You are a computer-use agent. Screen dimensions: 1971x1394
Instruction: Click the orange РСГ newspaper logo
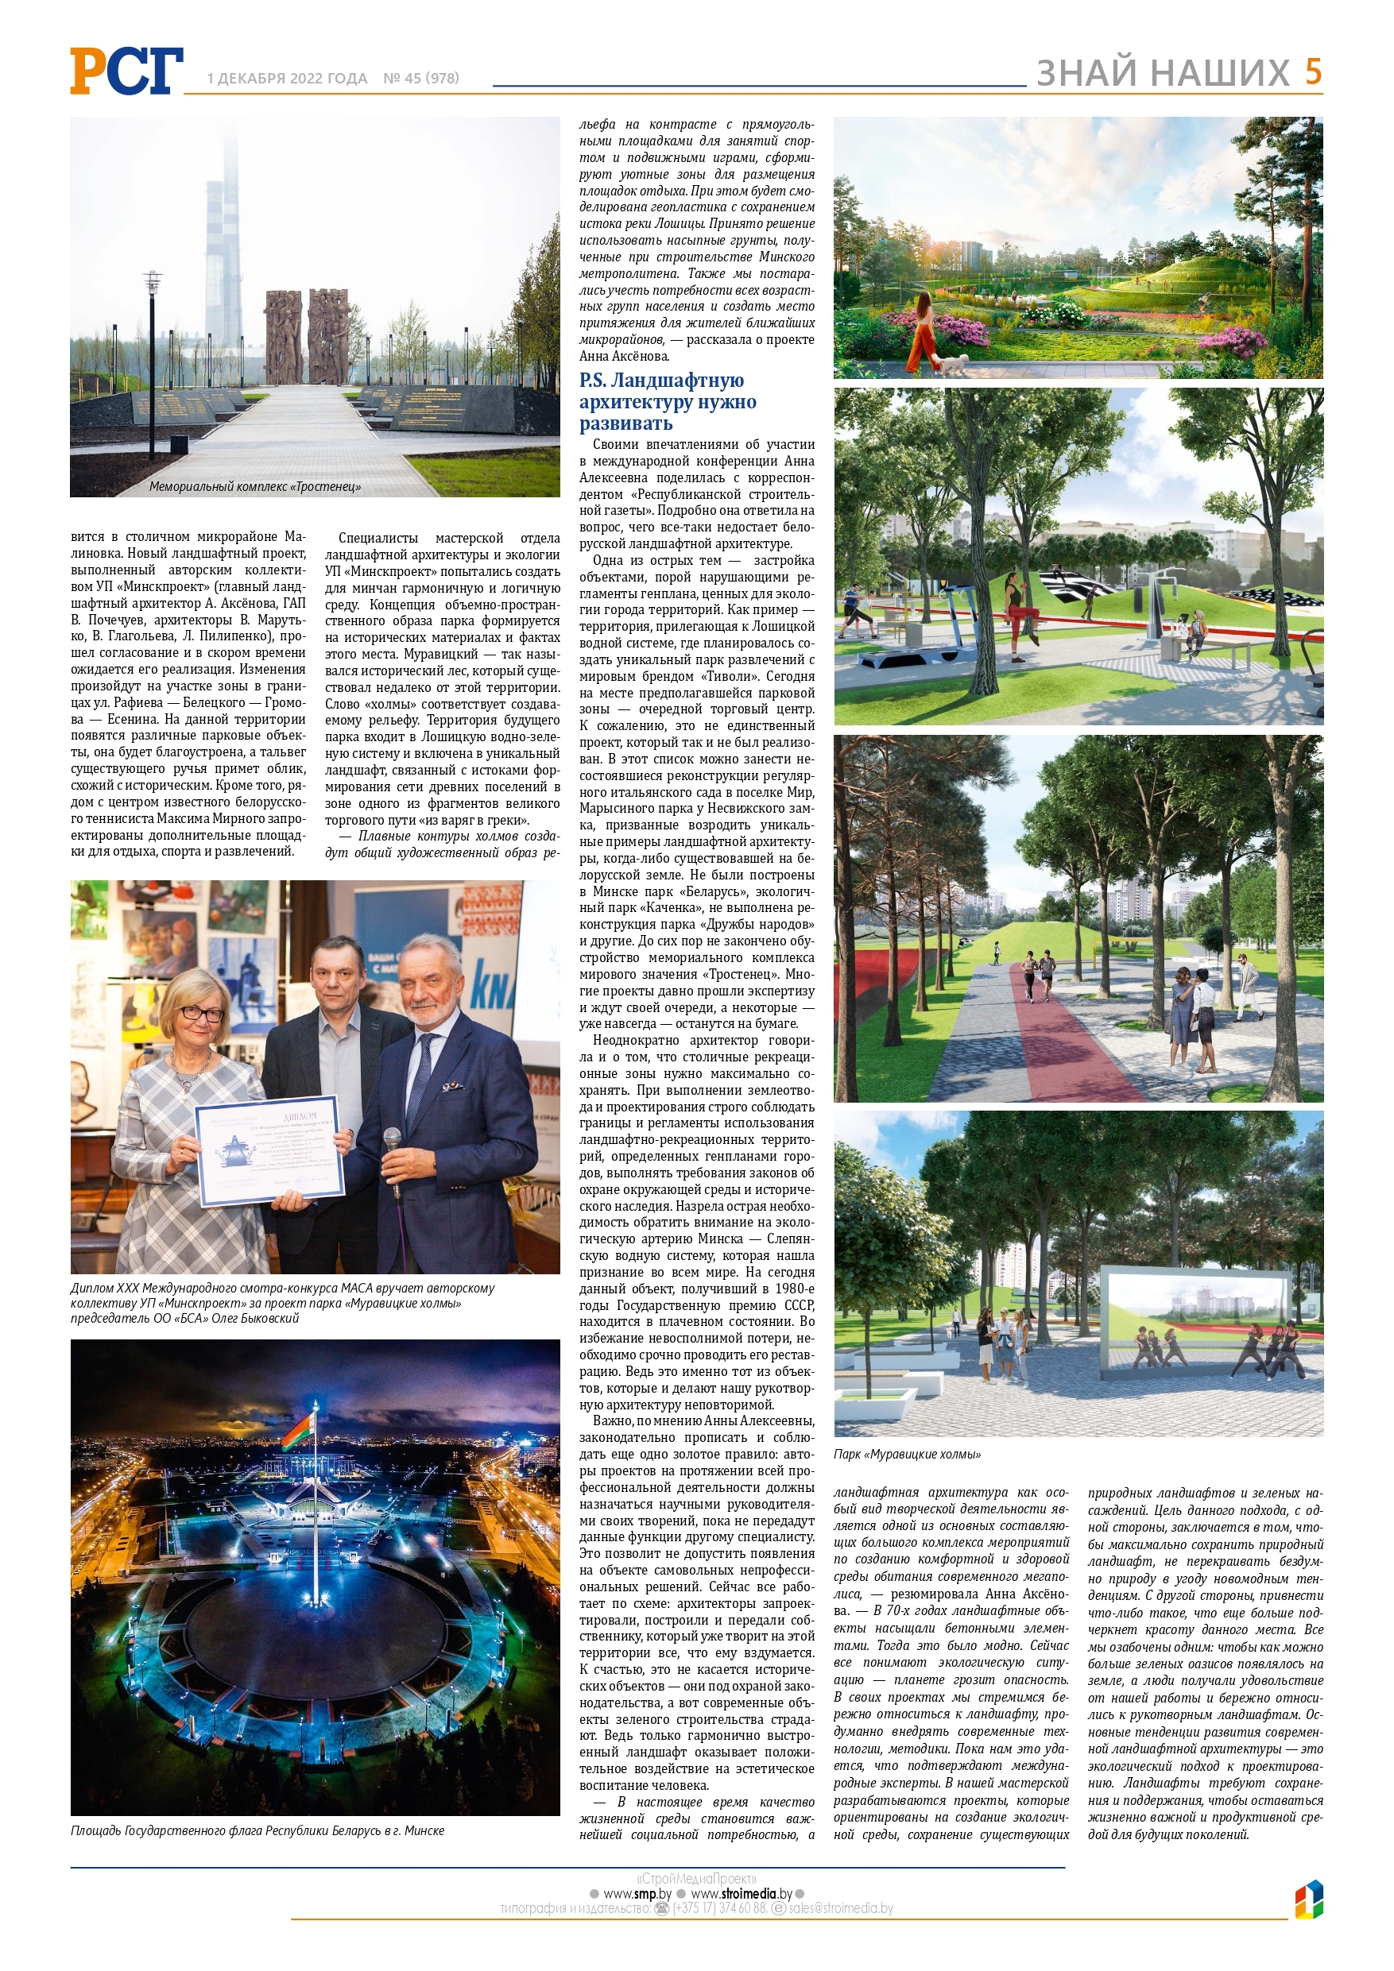(127, 71)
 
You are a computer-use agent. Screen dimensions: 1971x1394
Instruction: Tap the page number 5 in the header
(1312, 72)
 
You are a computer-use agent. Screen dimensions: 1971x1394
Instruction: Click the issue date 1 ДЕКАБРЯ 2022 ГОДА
(287, 78)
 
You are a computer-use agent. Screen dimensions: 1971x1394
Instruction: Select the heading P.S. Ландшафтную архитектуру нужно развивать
(668, 402)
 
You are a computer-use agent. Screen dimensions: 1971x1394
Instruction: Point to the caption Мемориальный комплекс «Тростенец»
(255, 487)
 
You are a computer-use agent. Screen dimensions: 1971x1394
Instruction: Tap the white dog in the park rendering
(954, 364)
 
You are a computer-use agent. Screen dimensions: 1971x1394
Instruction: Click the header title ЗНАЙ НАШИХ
(1163, 73)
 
